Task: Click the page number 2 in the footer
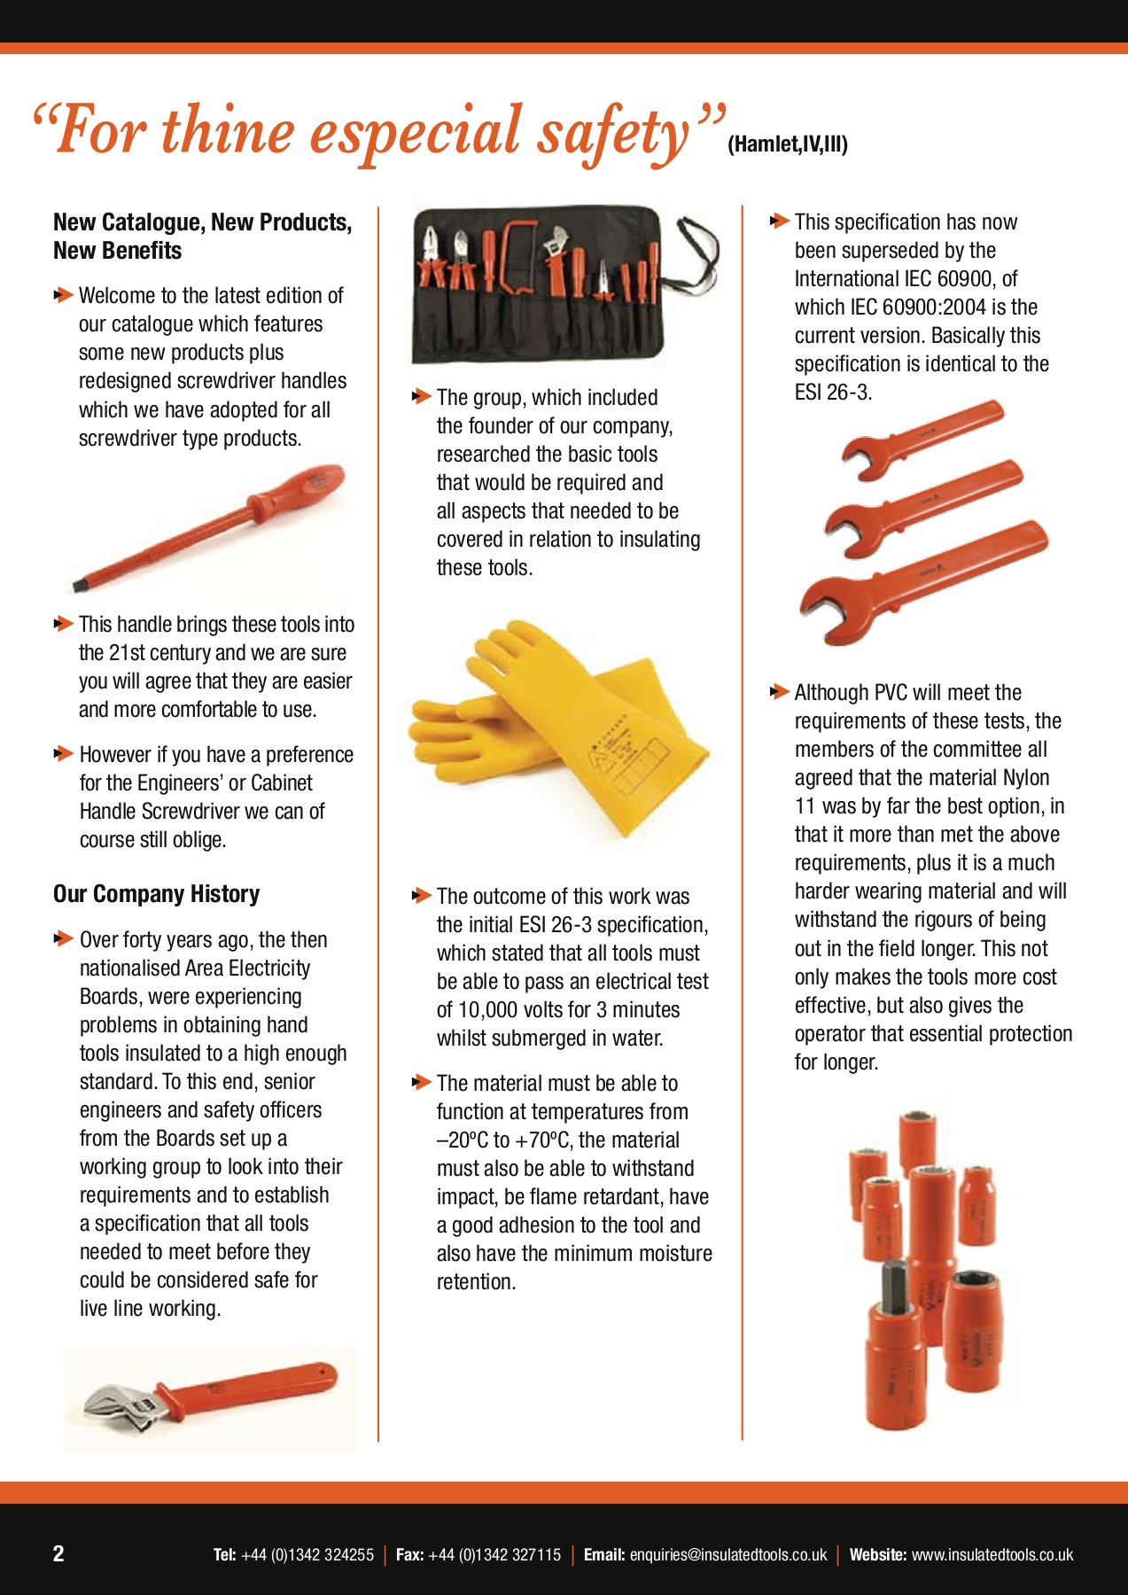point(58,1553)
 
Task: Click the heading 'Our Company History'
point(157,894)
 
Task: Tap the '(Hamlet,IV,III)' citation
point(788,144)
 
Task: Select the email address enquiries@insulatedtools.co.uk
point(728,1555)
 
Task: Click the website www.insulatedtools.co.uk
point(992,1555)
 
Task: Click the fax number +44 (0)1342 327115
point(494,1555)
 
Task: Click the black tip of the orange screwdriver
point(79,585)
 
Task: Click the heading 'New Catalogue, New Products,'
point(203,222)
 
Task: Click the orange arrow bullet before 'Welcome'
point(64,294)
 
